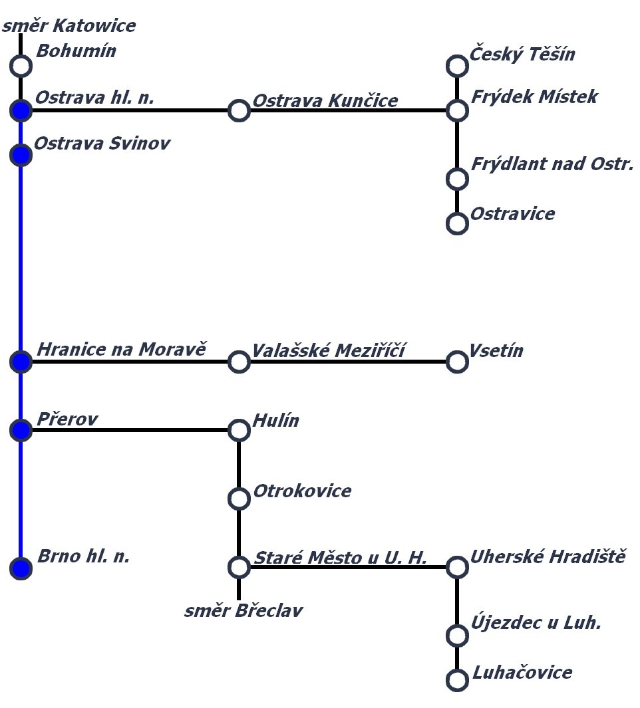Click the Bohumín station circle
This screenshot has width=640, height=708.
point(21,66)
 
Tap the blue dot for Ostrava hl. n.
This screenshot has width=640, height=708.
point(21,110)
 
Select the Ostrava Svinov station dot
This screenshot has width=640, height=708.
point(21,155)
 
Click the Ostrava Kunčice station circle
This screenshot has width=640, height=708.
point(239,110)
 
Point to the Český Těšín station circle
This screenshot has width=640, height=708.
point(457,66)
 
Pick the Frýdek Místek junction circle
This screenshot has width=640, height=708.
point(457,110)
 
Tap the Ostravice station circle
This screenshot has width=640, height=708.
point(457,223)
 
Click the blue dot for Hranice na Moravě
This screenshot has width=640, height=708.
point(21,362)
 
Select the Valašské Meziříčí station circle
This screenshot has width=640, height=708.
point(239,362)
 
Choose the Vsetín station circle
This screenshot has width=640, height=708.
point(457,362)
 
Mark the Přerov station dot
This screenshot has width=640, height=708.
point(21,431)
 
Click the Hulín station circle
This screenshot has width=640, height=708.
point(239,431)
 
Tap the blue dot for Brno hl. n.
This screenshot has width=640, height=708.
point(21,568)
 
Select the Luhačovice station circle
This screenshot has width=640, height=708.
point(457,680)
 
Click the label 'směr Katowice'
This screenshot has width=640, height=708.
point(69,26)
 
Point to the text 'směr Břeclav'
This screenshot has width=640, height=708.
point(243,610)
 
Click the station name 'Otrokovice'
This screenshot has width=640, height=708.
point(302,491)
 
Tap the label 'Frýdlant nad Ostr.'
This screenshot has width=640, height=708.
point(552,164)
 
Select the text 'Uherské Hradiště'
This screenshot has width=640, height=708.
point(548,556)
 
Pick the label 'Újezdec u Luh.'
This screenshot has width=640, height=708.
point(536,623)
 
